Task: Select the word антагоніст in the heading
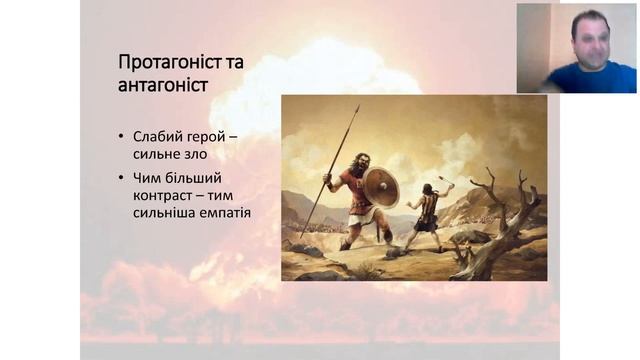(x=163, y=85)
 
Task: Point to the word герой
(x=206, y=135)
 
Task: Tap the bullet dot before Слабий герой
(x=122, y=136)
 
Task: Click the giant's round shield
(x=380, y=187)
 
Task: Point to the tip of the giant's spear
(x=357, y=106)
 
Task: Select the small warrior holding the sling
(x=427, y=212)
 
